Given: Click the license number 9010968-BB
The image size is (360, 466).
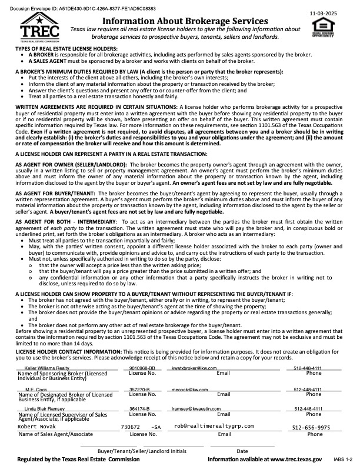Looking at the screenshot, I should click(x=142, y=368).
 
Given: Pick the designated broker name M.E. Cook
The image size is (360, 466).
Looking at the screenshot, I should click(x=36, y=390).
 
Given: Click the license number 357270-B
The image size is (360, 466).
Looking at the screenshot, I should click(x=139, y=390).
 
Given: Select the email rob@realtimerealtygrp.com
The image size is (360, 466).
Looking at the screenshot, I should click(x=214, y=425).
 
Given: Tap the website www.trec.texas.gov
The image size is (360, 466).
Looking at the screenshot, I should click(x=290, y=459).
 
